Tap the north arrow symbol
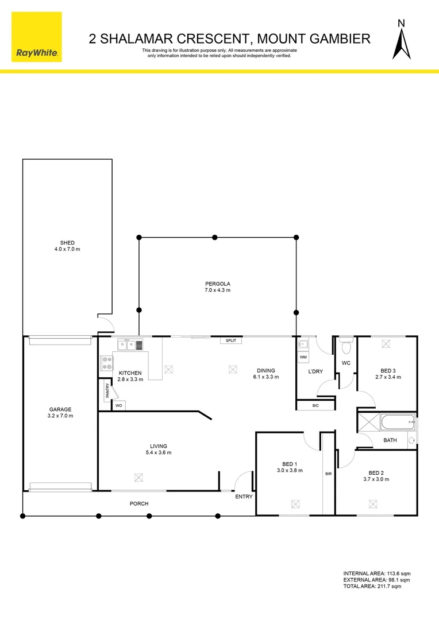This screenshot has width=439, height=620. click(x=401, y=40)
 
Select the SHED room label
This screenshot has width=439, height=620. click(x=67, y=243)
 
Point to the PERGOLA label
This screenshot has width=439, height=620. click(x=218, y=284)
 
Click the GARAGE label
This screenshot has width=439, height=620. click(x=60, y=409)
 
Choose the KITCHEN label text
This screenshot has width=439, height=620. click(x=130, y=373)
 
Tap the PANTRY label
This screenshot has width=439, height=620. click(x=107, y=392)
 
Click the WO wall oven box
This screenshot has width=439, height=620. click(x=119, y=406)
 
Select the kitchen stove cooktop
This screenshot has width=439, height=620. click(x=107, y=363)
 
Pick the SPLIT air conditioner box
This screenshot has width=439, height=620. click(x=231, y=340)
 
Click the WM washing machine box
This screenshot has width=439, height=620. click(x=303, y=357)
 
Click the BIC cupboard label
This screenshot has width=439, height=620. click(x=315, y=406)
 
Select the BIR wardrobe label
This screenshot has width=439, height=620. click(x=328, y=474)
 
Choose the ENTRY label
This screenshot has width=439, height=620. click(x=244, y=497)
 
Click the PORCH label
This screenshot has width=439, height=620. click(x=139, y=503)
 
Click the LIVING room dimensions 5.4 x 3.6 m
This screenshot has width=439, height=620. click(x=159, y=453)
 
